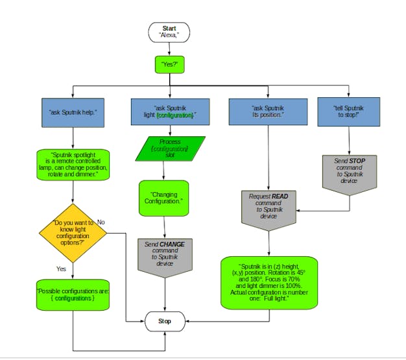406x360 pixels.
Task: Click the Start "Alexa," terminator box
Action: coord(169,32)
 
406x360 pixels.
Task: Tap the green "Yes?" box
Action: coord(170,64)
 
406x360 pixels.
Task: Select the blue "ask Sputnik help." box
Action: coord(72,112)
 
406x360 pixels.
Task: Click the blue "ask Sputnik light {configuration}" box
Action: coord(170,112)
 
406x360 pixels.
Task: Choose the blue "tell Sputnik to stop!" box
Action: coord(349,112)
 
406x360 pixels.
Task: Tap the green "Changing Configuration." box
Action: coord(163,198)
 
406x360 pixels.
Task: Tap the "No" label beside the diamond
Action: coord(101,222)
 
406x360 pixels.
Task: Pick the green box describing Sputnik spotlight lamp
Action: coord(73,165)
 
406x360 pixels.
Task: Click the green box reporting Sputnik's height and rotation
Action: coord(269,283)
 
